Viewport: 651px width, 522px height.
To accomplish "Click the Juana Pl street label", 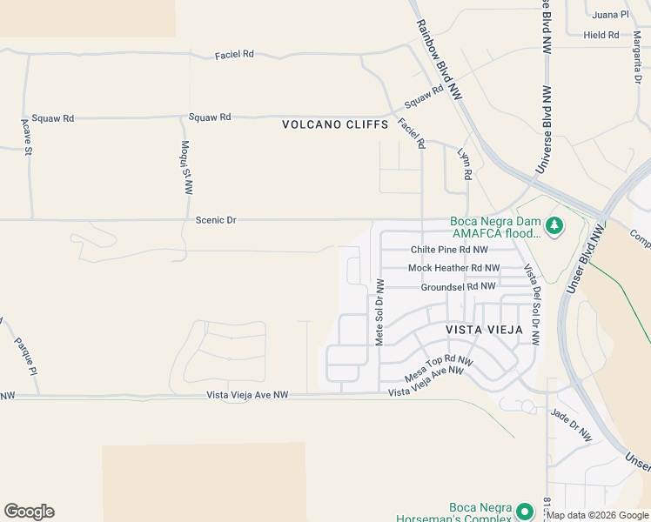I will coord(611,15).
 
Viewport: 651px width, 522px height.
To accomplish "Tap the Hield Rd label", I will coord(601,35).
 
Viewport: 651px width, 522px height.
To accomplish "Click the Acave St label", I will coord(26,137).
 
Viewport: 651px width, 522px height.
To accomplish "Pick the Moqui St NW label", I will coord(186,167).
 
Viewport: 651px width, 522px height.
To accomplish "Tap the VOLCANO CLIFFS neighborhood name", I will coord(335,124).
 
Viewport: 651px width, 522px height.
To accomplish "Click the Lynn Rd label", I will coord(466,164).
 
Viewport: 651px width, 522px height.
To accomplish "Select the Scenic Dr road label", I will coord(216,220).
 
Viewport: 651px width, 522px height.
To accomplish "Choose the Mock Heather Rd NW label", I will coord(453,268).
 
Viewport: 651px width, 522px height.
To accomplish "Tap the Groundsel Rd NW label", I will coord(458,285).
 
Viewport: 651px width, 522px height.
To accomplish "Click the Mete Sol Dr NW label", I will coord(379,312).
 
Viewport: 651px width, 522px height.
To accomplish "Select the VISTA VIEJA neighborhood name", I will coord(484,330).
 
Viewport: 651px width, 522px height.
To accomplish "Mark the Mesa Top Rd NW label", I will coord(439,368).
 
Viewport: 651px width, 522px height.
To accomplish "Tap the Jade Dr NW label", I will coord(570,424).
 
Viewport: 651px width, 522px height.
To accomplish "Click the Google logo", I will coord(29,511).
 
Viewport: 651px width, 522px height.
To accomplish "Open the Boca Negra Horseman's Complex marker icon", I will coord(524,511).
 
